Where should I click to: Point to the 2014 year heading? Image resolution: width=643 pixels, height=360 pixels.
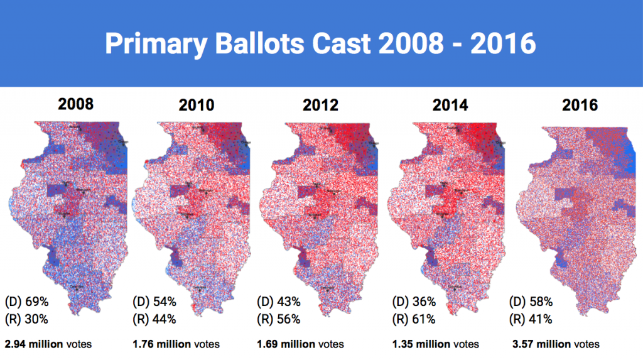point(450,105)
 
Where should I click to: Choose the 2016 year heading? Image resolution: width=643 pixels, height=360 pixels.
point(580,106)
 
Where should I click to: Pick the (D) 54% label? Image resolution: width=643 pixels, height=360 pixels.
point(154,302)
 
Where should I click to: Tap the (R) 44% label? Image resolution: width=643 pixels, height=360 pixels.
point(154,319)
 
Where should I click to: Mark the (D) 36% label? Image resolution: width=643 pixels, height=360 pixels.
point(414,302)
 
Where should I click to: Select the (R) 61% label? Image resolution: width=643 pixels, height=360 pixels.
point(414,319)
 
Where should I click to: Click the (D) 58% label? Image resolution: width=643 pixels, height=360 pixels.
point(531,302)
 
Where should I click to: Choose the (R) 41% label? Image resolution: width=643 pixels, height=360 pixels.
point(531,319)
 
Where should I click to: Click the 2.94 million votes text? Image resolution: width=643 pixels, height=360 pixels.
point(48,344)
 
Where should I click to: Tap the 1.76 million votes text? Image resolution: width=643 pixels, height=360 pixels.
point(176,344)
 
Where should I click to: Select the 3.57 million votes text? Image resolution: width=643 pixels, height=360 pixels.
point(556,344)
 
